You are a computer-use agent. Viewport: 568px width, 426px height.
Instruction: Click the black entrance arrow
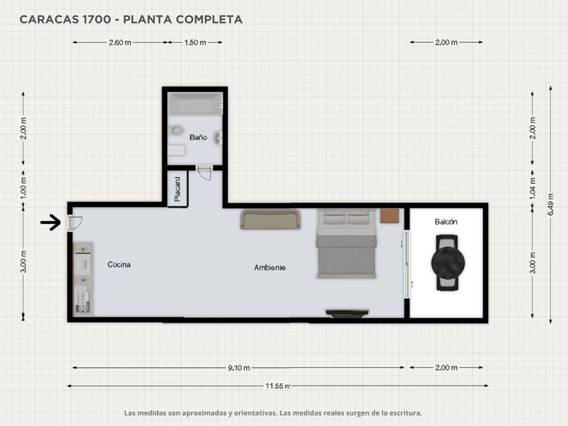tap(50, 222)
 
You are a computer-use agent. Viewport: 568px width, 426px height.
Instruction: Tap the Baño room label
tap(198, 137)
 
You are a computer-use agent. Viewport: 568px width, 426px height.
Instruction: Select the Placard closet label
tap(177, 189)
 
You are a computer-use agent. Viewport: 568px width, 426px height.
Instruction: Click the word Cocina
tap(119, 264)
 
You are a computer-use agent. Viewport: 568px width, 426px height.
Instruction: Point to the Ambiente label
tap(270, 268)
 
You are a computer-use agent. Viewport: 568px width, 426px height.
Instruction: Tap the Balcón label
tap(446, 222)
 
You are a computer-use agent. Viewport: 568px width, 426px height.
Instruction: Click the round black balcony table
tap(448, 263)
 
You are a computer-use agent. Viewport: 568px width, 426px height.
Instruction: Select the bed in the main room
tap(346, 243)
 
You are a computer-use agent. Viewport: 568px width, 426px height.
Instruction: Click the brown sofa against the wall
tap(270, 219)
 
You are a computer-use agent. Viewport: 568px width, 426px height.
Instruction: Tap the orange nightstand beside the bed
tap(389, 216)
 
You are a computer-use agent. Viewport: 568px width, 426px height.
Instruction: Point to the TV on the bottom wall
tap(347, 313)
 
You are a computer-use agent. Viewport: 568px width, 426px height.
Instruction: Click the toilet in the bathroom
tap(176, 130)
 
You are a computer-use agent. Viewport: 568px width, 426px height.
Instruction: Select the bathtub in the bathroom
tap(195, 104)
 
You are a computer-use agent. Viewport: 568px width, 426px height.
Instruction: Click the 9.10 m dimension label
tap(239, 368)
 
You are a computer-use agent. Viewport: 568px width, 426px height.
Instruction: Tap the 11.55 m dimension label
tap(278, 386)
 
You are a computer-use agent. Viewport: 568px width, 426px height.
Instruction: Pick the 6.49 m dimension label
tap(550, 204)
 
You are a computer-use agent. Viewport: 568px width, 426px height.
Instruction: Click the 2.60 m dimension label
tap(120, 43)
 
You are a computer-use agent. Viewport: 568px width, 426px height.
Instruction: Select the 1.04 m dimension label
tap(533, 187)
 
